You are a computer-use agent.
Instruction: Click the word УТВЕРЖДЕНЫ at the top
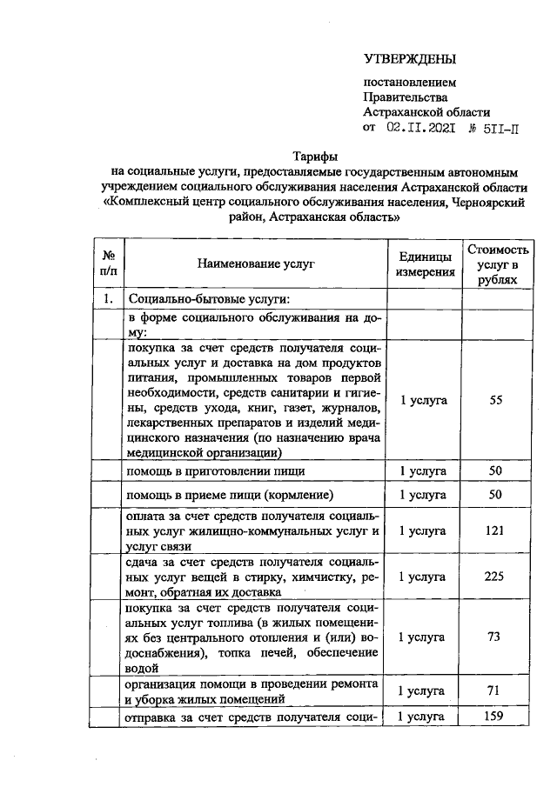[409, 59]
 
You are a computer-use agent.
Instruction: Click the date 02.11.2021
[421, 128]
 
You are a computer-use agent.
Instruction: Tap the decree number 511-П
[494, 128]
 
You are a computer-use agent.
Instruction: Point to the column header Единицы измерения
[425, 263]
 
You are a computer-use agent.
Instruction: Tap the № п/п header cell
[109, 263]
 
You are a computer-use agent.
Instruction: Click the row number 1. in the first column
[109, 300]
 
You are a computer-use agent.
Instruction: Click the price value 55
[496, 400]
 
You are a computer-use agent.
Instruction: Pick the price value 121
[495, 530]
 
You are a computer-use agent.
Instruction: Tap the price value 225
[495, 576]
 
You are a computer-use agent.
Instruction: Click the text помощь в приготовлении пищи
[215, 470]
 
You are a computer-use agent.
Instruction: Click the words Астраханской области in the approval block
[426, 111]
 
